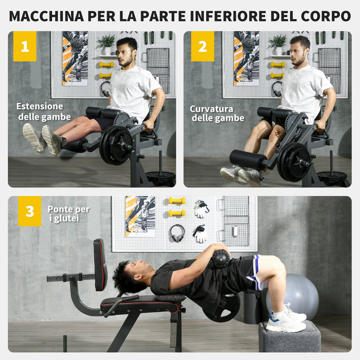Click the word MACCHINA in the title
click(47, 16)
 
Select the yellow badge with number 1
click(25, 46)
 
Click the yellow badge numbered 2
click(202, 46)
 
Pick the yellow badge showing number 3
click(30, 211)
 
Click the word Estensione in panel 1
click(40, 106)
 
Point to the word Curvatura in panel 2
click(211, 109)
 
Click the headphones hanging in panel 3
click(177, 233)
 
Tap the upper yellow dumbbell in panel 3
click(177, 201)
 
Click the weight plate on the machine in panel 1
click(116, 145)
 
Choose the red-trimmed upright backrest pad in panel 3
click(100, 264)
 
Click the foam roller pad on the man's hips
click(221, 259)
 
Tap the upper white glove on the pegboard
click(201, 209)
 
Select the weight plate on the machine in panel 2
click(295, 162)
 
